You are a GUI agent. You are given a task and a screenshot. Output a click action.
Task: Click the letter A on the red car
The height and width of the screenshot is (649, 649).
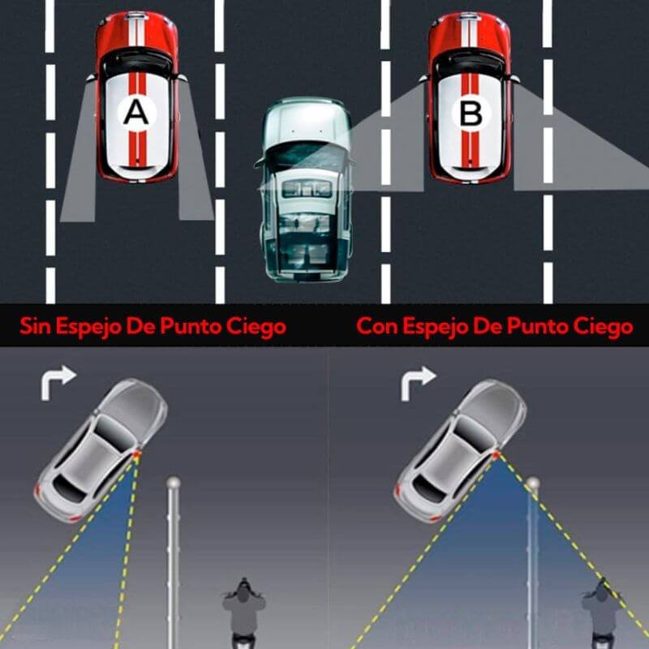tap(135, 114)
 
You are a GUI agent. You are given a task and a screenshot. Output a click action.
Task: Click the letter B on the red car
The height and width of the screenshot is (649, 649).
tap(471, 114)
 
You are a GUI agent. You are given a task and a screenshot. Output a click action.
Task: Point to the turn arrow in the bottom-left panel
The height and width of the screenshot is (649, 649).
tap(58, 382)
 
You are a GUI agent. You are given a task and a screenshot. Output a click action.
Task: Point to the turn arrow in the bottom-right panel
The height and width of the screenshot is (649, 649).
tap(418, 382)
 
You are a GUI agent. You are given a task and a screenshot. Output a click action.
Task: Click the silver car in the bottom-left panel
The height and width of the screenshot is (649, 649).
tap(101, 449)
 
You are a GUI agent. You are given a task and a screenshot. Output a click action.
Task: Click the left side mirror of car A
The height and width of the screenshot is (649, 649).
tap(91, 77)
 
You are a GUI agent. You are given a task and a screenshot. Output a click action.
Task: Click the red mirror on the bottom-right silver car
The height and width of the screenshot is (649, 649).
tap(496, 454)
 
